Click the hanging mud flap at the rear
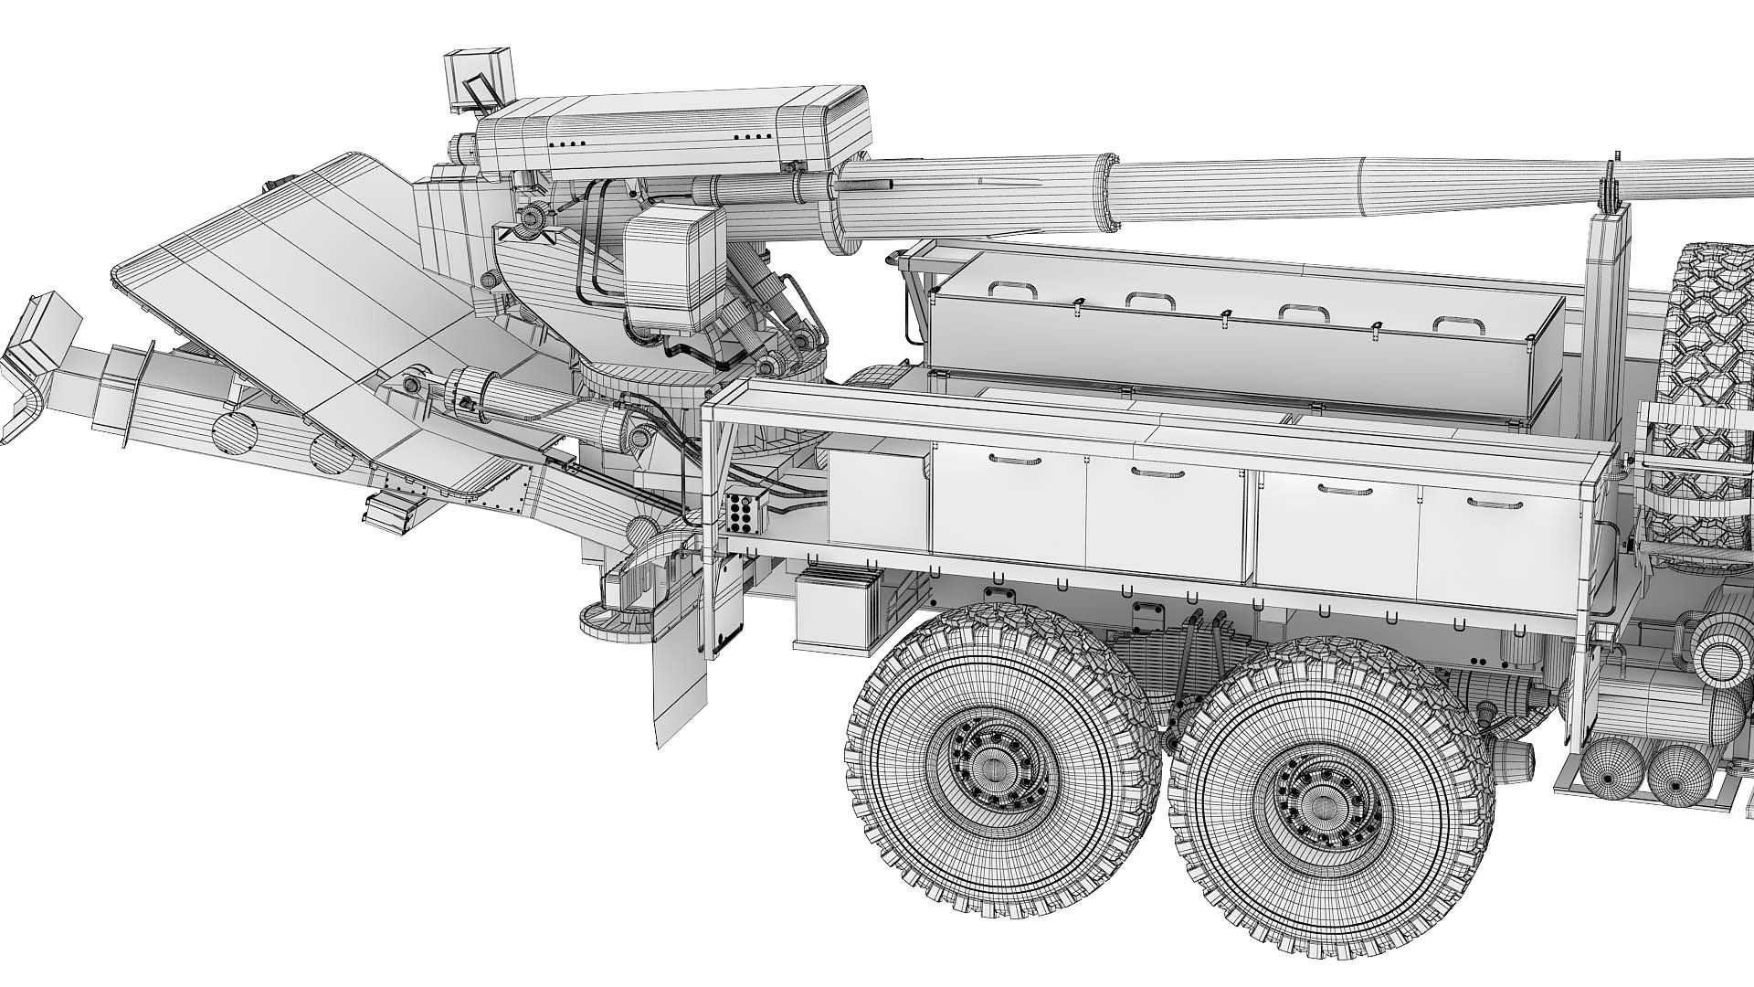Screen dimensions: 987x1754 coord(680,676)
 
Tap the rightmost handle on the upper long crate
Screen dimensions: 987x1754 coord(1454,323)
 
